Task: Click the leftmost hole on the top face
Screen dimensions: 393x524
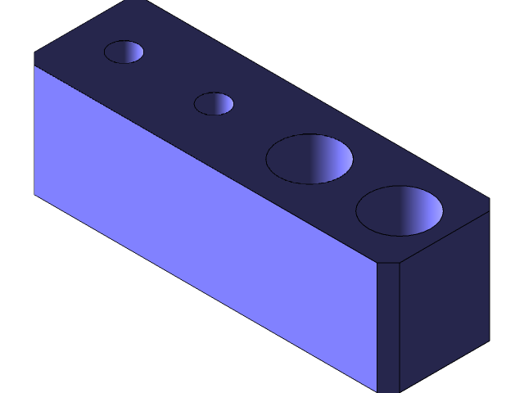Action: click(124, 52)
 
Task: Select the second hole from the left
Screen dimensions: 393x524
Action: click(214, 104)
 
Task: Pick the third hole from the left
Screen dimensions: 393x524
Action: click(309, 159)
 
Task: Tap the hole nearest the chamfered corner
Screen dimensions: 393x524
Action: click(400, 211)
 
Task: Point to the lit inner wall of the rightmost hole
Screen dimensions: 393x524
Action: click(422, 210)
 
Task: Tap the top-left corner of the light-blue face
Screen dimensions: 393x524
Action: click(34, 65)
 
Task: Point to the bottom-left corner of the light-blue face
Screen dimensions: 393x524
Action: click(34, 193)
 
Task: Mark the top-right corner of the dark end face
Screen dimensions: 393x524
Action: click(489, 212)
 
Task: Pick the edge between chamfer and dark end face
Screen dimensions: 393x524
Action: click(399, 327)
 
